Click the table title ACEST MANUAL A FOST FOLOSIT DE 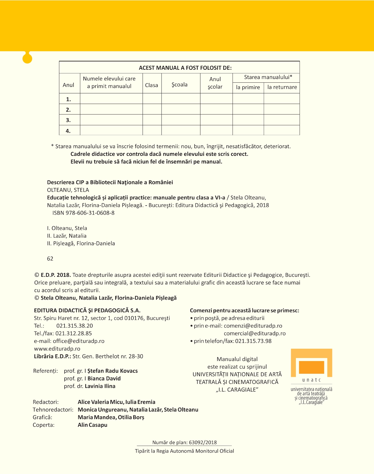pyautogui.click(x=185, y=68)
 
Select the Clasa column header pyautogui.click(x=152, y=85)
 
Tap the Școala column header pyautogui.click(x=179, y=85)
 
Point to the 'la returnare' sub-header pyautogui.click(x=282, y=87)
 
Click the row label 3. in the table pyautogui.click(x=68, y=120)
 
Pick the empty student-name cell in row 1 pyautogui.click(x=111, y=99)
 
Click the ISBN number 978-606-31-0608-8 pyautogui.click(x=90, y=213)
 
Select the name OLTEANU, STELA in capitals pyautogui.click(x=68, y=190)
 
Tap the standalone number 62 pyautogui.click(x=50, y=259)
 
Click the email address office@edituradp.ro pyautogui.click(x=78, y=341)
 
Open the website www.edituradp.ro pyautogui.click(x=57, y=349)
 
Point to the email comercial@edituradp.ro pyautogui.click(x=254, y=333)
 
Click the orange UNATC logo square pyautogui.click(x=311, y=367)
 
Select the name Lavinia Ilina pyautogui.click(x=100, y=386)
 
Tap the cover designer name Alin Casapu pyautogui.click(x=93, y=425)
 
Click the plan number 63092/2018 pyautogui.click(x=203, y=443)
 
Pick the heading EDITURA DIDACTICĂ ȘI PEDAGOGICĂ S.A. pyautogui.click(x=87, y=310)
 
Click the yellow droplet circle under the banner pyautogui.click(x=27, y=58)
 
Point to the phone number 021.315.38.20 pyautogui.click(x=74, y=326)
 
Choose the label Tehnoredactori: pyautogui.click(x=53, y=410)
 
